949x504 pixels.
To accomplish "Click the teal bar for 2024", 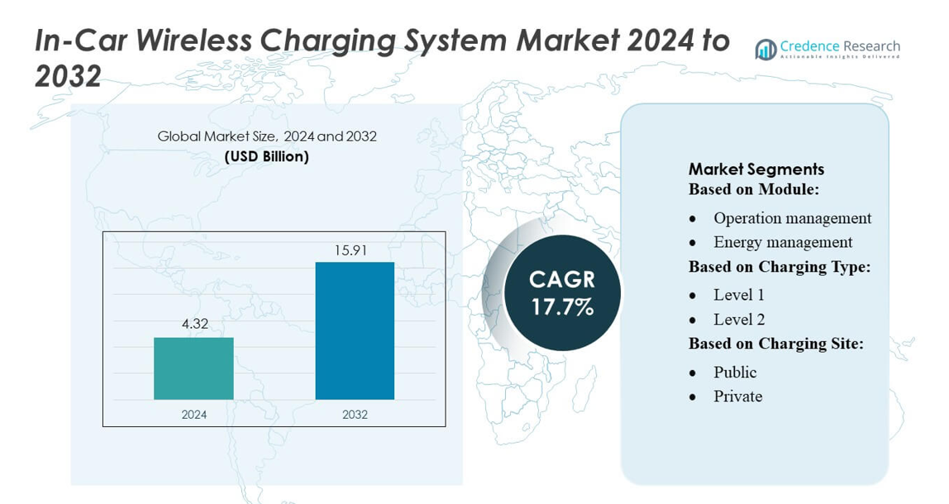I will pyautogui.click(x=193, y=368).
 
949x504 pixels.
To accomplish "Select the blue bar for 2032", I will pyautogui.click(x=355, y=330).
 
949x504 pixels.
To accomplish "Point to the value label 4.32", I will pyautogui.click(x=195, y=324).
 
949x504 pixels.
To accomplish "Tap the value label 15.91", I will pyautogui.click(x=355, y=250).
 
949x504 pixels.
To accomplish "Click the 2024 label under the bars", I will pyautogui.click(x=194, y=414).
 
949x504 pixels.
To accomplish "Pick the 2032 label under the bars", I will pyautogui.click(x=355, y=414).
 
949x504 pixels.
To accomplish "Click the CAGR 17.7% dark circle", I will pyautogui.click(x=562, y=292).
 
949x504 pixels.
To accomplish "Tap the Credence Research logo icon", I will pyautogui.click(x=765, y=50).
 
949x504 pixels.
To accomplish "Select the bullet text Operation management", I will pyautogui.click(x=792, y=218).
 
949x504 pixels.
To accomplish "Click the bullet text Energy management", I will pyautogui.click(x=783, y=242).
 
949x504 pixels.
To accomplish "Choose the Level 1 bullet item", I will pyautogui.click(x=739, y=295).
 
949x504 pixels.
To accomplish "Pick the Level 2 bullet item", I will pyautogui.click(x=739, y=319).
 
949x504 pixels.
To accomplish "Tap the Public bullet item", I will pyautogui.click(x=735, y=372).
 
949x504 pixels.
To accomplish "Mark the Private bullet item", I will pyautogui.click(x=737, y=397).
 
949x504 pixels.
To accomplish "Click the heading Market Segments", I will pyautogui.click(x=756, y=169).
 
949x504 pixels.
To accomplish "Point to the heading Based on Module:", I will pyautogui.click(x=753, y=189).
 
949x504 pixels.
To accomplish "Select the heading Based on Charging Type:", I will pyautogui.click(x=780, y=267).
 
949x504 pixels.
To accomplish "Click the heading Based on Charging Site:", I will pyautogui.click(x=776, y=344).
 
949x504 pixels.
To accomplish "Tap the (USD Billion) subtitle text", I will pyautogui.click(x=267, y=157).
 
